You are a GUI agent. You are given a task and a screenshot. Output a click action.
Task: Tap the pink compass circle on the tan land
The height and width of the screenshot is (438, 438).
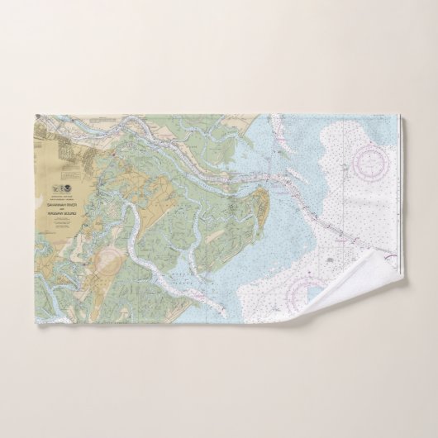point(104,264)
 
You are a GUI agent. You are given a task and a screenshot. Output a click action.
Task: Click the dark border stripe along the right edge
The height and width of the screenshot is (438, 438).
point(399,190)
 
